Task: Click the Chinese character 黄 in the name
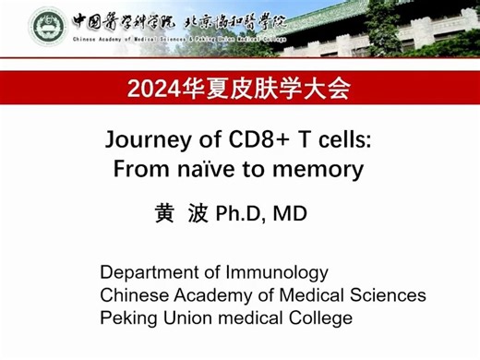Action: [164, 214]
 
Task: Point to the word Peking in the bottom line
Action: [127, 318]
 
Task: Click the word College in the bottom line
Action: [319, 318]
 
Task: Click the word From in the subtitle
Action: [138, 170]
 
